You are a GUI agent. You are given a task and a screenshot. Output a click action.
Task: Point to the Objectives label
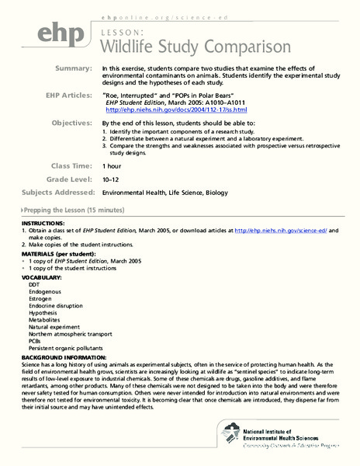click(x=69, y=123)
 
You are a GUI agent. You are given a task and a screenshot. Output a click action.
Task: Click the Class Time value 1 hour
click(x=115, y=166)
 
